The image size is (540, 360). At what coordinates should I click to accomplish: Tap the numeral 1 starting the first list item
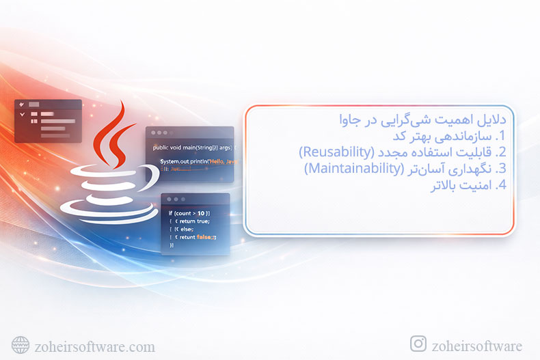(x=501, y=136)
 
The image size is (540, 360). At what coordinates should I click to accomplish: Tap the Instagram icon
(x=418, y=344)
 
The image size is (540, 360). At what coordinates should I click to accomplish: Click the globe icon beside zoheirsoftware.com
(x=21, y=345)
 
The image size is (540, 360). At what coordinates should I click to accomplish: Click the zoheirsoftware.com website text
(x=94, y=347)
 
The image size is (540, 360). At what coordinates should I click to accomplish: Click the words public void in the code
(x=168, y=148)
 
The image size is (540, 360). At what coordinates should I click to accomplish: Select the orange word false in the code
(x=202, y=236)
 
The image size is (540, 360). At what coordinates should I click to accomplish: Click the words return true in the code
(x=194, y=221)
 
